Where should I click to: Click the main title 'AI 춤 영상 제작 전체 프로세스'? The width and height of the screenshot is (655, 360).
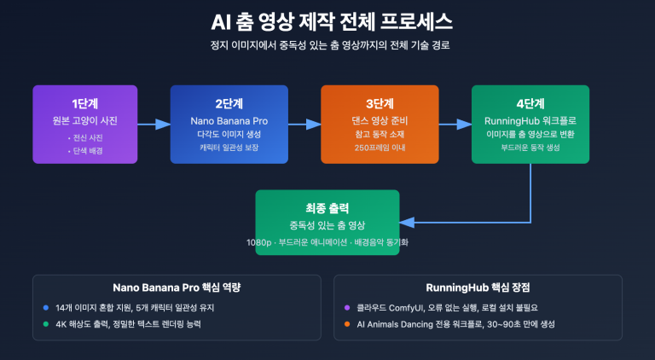pyautogui.click(x=327, y=20)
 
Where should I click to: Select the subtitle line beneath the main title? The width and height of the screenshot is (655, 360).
pyautogui.click(x=327, y=44)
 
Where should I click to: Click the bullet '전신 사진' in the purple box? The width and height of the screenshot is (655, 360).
pyautogui.click(x=84, y=136)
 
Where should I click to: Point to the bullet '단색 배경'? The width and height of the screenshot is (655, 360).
pyautogui.click(x=84, y=149)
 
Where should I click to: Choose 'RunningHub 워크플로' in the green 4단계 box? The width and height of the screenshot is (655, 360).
pyautogui.click(x=530, y=119)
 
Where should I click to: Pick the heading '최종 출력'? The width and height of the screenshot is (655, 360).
pyautogui.click(x=327, y=207)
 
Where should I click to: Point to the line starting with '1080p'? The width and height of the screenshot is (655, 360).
pyautogui.click(x=327, y=243)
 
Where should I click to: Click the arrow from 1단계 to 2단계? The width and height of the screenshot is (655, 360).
pyautogui.click(x=154, y=125)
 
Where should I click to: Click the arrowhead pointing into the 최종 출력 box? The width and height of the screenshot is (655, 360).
pyautogui.click(x=406, y=222)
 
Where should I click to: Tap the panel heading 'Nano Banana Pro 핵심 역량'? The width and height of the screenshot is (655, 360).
pyautogui.click(x=177, y=287)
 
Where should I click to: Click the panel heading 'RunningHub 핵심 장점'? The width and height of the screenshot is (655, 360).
pyautogui.click(x=478, y=287)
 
